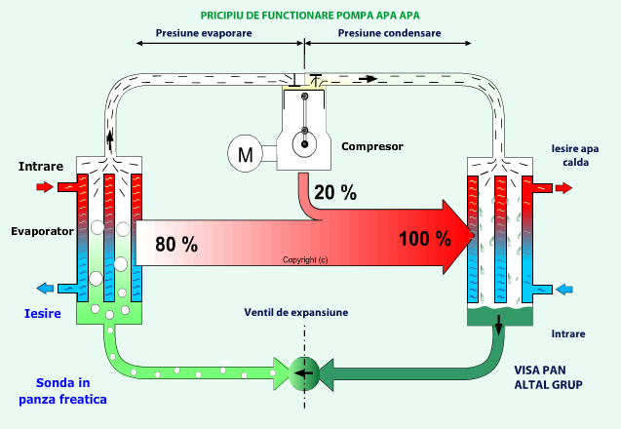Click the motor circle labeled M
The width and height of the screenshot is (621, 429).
[x=245, y=153]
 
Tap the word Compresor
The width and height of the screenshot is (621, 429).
[x=372, y=146]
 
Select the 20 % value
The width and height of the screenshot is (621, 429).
[x=335, y=192]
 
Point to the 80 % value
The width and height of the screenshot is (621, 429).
[x=176, y=244]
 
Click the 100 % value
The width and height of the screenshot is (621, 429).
[x=425, y=239]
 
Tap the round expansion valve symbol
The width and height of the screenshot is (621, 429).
[x=304, y=373]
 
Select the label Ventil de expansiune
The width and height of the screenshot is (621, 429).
[x=295, y=313]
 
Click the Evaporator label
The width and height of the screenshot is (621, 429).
[x=42, y=231]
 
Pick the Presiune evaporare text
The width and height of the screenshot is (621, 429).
[x=204, y=33]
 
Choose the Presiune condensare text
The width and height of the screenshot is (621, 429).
[x=389, y=33]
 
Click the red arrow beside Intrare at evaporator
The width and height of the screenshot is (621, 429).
[x=45, y=186]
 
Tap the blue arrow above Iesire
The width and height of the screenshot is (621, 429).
[x=45, y=289]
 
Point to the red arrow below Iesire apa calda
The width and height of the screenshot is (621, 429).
[x=563, y=188]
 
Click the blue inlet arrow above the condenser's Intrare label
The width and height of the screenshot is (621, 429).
[x=563, y=290]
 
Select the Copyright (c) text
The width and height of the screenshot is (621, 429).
[x=305, y=260]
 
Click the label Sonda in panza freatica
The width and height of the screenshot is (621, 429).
[x=63, y=391]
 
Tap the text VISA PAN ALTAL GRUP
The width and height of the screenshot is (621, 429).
[x=548, y=377]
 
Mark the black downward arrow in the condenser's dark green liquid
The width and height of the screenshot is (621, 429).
[x=498, y=325]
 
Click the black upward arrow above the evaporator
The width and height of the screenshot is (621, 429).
[x=110, y=141]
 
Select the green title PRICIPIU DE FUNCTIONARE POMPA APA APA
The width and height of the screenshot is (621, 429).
[x=310, y=16]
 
